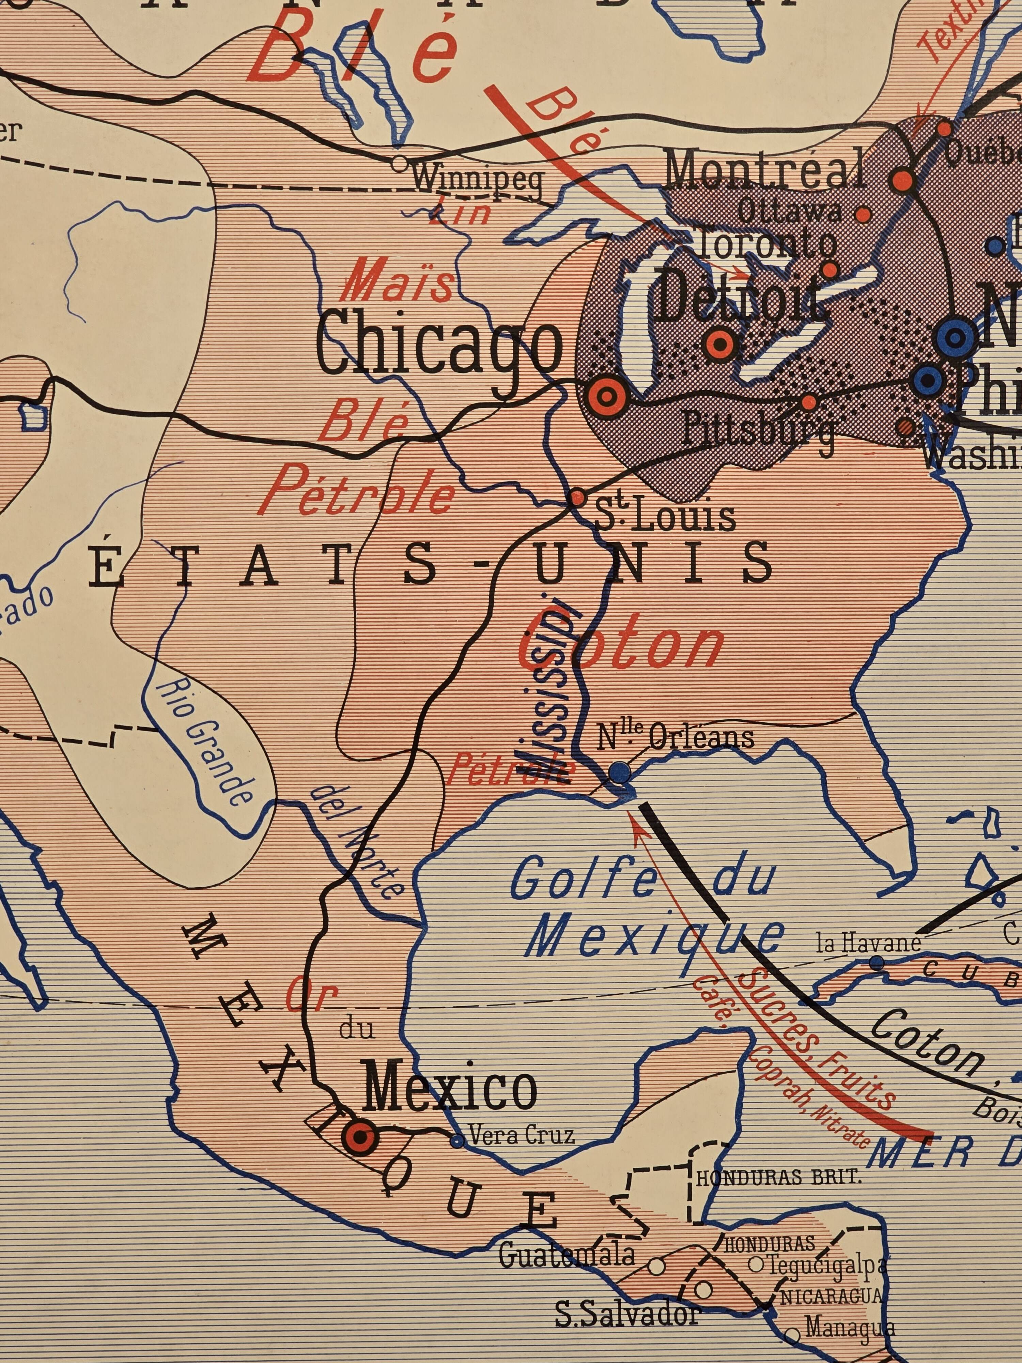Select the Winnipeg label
pos(477,179)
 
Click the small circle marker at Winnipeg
pos(400,164)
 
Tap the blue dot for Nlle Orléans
pos(620,771)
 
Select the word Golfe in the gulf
pos(582,879)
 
